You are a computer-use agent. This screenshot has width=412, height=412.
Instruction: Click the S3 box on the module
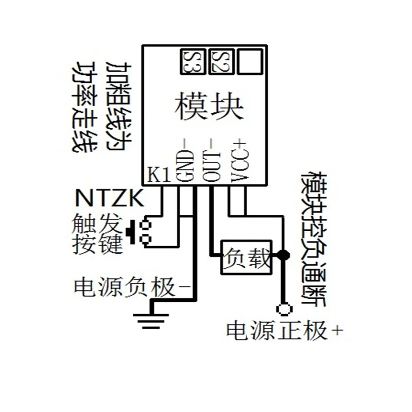point(192,61)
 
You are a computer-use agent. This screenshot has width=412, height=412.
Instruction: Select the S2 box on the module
point(221,61)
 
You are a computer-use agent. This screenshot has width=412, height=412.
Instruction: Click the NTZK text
point(109,198)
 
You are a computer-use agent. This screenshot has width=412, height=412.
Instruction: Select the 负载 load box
point(246,256)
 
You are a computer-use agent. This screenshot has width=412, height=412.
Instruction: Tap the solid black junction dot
point(282,255)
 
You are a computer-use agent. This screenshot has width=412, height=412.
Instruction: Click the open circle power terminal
point(283,310)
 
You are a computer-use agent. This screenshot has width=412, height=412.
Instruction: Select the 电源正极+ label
point(285,330)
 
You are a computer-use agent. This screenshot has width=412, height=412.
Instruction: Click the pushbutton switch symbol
point(141,232)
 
